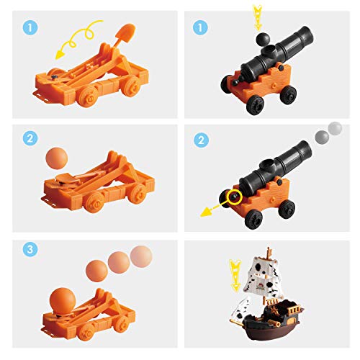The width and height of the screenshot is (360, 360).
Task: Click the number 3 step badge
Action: [x=30, y=249]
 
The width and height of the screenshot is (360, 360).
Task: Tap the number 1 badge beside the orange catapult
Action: [x=30, y=28]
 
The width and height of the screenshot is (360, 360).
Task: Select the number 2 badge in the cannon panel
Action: [x=201, y=140]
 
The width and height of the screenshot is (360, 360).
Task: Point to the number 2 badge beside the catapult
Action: [x=30, y=138]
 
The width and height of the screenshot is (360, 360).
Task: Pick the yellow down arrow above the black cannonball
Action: [x=257, y=17]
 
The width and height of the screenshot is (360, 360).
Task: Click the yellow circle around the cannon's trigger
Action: [x=235, y=196]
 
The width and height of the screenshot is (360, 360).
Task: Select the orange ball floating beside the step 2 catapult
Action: [x=57, y=158]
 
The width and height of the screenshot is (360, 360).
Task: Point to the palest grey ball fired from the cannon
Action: [x=335, y=129]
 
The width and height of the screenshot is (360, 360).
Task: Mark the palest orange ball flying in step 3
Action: [x=141, y=256]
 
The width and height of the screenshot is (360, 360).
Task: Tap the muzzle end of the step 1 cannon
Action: [x=307, y=35]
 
